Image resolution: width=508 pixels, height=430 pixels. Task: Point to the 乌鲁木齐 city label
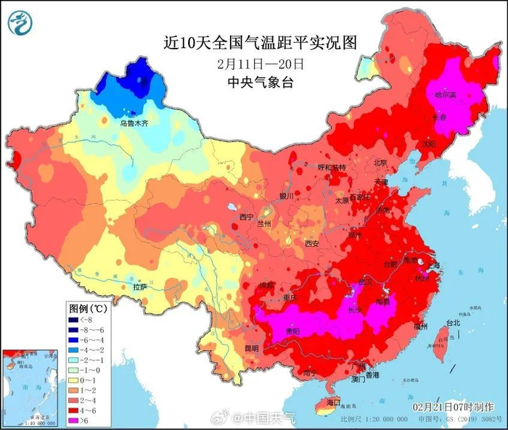coord(137,123)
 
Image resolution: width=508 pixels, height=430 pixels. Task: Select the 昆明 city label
coord(251,348)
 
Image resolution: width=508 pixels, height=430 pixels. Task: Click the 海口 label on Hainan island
coord(333,401)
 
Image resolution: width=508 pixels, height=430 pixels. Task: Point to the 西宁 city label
coord(247,216)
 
